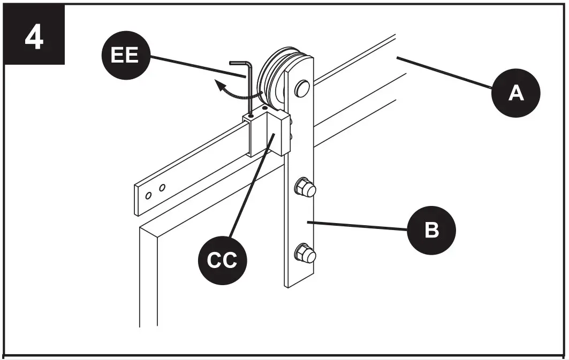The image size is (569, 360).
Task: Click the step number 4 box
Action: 34,35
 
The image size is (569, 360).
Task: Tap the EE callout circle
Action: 125,55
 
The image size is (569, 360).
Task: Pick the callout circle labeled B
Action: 431,230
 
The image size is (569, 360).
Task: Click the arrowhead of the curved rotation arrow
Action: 217,83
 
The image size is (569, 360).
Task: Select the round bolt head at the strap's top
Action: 302,88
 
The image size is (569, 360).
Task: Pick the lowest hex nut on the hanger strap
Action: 304,253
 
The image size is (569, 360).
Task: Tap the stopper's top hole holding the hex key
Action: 250,115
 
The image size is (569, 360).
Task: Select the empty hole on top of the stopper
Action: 264,108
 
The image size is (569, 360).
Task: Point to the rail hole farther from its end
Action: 162,188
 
